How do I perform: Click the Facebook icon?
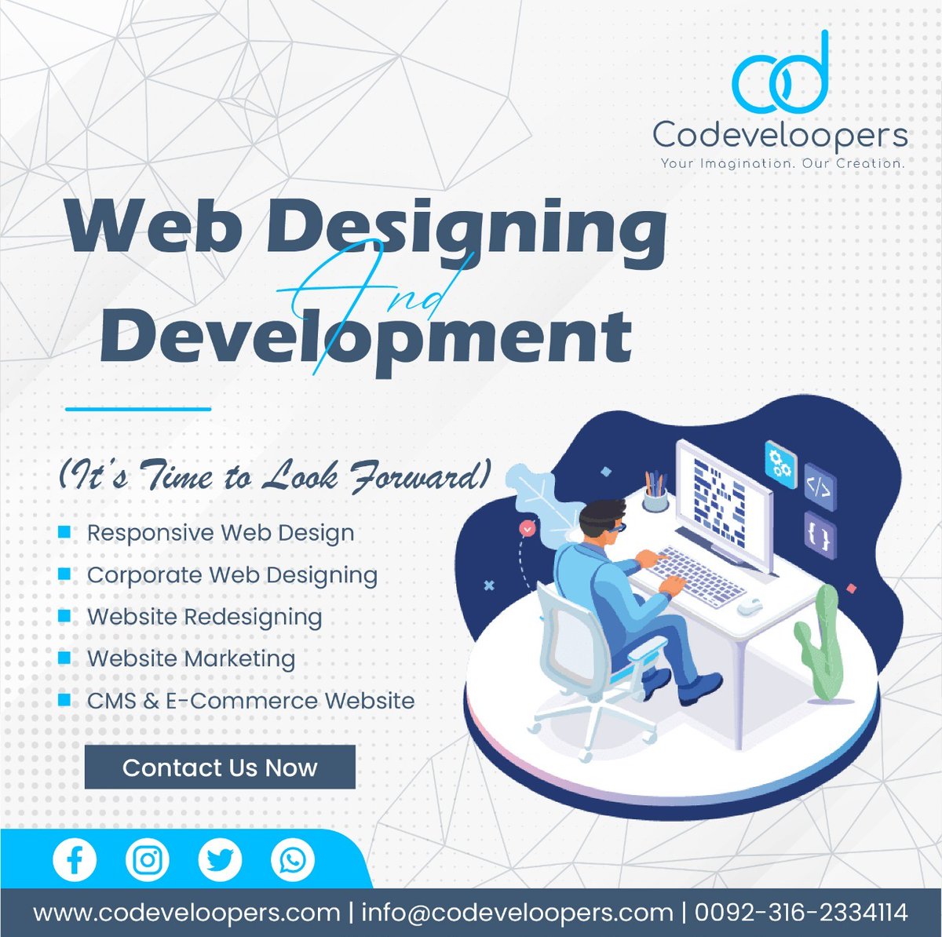(75, 860)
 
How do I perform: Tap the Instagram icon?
(147, 860)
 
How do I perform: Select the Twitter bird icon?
(220, 860)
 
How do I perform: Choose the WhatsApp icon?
(292, 860)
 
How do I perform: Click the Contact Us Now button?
(220, 767)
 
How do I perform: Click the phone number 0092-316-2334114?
(801, 913)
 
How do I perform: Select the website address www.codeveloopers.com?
(187, 913)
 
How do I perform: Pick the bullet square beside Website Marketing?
(65, 658)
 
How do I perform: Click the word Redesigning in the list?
(253, 617)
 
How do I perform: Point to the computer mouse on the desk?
(751, 605)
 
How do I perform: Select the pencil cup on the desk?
(655, 494)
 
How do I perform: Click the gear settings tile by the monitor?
(780, 462)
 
